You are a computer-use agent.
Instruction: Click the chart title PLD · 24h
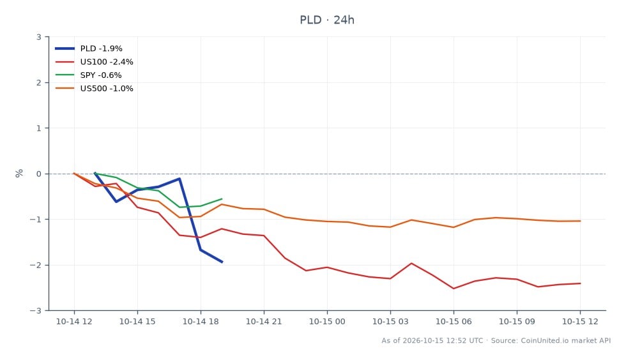click(x=327, y=20)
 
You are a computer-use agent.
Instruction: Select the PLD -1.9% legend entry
click(x=89, y=49)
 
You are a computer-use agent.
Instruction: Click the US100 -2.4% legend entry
click(x=95, y=62)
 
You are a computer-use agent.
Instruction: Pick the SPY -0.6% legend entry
click(x=88, y=75)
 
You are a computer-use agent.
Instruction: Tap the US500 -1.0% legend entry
click(x=95, y=89)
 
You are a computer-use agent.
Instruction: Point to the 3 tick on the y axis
click(x=39, y=37)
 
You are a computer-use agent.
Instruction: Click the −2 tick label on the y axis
click(x=36, y=265)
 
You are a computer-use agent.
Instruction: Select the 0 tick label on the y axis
click(x=39, y=174)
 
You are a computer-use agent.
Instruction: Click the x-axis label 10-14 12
click(x=74, y=322)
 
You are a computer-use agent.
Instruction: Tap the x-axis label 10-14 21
click(x=264, y=322)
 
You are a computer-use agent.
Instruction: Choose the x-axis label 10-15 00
click(x=327, y=322)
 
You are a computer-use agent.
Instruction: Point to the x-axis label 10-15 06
click(x=454, y=322)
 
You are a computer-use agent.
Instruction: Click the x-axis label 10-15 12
click(x=580, y=322)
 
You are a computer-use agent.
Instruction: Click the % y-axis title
click(x=19, y=173)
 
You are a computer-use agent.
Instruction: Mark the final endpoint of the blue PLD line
click(x=222, y=262)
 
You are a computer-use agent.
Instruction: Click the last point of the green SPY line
click(x=222, y=199)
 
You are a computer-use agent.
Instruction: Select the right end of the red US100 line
click(x=580, y=283)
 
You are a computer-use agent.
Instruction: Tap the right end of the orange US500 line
click(x=580, y=221)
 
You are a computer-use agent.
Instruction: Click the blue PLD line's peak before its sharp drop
click(x=179, y=179)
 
